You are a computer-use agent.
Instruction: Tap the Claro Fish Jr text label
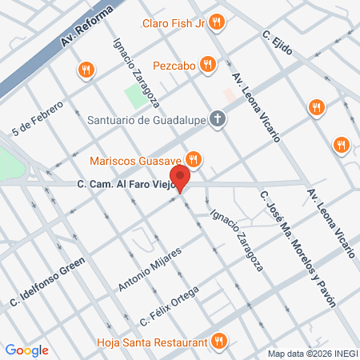[174, 23]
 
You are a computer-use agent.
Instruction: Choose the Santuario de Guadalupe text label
[147, 121]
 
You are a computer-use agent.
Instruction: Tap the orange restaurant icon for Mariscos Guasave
[192, 157]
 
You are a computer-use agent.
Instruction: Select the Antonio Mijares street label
[150, 269]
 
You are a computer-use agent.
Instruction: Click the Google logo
[26, 350]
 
